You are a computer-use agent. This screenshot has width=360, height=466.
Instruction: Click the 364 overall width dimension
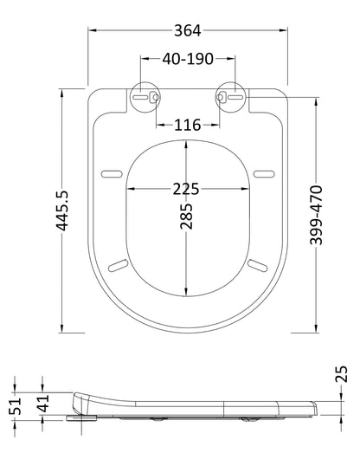coord(187,31)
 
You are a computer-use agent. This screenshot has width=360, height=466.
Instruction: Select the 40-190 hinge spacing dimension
coord(187,59)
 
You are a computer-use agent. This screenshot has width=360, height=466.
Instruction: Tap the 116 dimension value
coord(187,126)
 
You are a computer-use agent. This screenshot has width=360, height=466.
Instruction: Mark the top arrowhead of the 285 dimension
coord(187,140)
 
